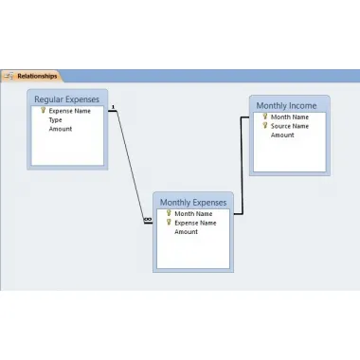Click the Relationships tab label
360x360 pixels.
[x=37, y=76]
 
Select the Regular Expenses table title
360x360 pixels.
[x=66, y=99]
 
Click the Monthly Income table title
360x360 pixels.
[x=286, y=106]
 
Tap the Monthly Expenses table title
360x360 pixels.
[x=193, y=203]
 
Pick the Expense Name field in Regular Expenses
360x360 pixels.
[x=70, y=111]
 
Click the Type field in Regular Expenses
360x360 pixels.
[x=55, y=120]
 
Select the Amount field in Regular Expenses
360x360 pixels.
[x=61, y=129]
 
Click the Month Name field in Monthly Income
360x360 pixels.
[x=290, y=117]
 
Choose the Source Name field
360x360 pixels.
[x=290, y=126]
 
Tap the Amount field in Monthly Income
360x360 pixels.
[x=282, y=135]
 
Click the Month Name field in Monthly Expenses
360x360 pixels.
[x=193, y=214]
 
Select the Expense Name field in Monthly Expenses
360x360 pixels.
[x=195, y=223]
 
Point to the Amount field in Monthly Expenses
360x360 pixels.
[x=186, y=232]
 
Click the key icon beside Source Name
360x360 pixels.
[x=265, y=125]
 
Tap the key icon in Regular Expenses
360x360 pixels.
[x=44, y=110]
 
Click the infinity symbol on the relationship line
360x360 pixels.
[x=148, y=219]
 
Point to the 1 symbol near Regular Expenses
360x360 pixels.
[x=113, y=107]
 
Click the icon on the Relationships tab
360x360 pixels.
[x=9, y=76]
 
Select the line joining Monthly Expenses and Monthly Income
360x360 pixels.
[x=242, y=166]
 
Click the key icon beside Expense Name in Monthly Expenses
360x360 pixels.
[x=169, y=223]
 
